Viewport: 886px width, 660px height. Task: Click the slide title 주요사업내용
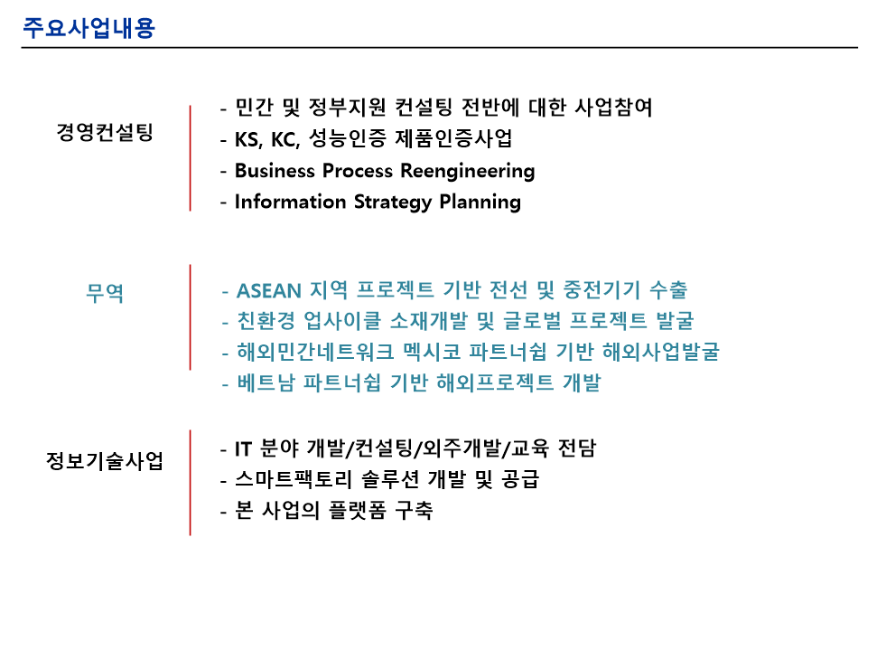point(89,28)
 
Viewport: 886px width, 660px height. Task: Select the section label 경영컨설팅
point(105,132)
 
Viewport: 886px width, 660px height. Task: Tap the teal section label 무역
point(105,292)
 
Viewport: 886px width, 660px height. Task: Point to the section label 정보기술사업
point(105,460)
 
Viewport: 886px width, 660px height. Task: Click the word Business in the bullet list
point(275,170)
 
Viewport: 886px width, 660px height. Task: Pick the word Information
point(291,202)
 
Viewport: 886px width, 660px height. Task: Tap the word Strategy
point(393,203)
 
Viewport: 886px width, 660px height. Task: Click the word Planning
point(480,203)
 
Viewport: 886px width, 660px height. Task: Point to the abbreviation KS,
point(248,139)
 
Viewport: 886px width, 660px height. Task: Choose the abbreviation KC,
point(285,139)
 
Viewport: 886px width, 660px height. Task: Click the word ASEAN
point(269,291)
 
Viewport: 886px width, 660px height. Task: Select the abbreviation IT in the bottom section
point(243,449)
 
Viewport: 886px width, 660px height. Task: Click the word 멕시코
point(433,352)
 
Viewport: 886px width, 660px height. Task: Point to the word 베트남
point(266,382)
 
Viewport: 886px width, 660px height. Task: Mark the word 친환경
point(266,321)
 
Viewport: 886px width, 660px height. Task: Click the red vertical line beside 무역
point(191,317)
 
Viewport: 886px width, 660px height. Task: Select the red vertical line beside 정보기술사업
point(191,483)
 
